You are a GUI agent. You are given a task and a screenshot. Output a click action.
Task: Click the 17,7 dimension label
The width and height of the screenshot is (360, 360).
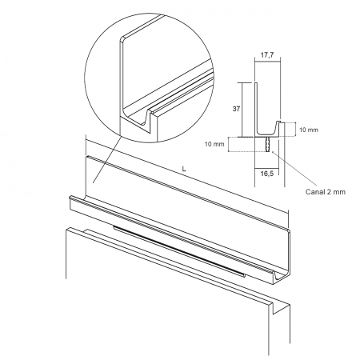pos(267,55)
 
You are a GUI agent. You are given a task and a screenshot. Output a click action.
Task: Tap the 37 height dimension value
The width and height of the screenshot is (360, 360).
pos(236,109)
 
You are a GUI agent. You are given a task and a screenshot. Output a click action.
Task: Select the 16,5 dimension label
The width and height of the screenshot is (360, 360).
pos(267,174)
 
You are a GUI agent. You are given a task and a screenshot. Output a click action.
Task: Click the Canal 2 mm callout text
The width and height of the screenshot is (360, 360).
pos(325,192)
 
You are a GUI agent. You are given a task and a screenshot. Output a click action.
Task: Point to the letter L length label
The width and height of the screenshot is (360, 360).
pos(184,169)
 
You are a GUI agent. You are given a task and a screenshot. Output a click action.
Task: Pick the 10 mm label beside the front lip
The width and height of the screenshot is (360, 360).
pos(309,130)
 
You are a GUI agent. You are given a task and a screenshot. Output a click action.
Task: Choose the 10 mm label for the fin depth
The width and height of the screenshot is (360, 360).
pos(214,144)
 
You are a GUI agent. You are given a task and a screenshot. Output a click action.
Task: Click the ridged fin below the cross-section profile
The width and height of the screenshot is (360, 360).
pos(268,145)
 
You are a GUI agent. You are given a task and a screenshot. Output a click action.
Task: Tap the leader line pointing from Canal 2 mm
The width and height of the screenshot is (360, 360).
pos(294,169)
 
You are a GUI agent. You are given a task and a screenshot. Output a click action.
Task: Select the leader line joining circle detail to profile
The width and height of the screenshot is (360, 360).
pos(107,159)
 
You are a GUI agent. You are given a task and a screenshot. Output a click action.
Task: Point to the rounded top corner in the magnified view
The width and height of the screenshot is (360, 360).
pos(122,38)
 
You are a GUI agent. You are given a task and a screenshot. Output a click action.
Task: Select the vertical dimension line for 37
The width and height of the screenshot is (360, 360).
pos(242,110)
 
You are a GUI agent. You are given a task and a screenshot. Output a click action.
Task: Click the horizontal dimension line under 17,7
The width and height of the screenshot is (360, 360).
pos(267,62)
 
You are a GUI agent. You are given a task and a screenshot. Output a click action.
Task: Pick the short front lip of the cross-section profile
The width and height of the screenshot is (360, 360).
pos(278,127)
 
